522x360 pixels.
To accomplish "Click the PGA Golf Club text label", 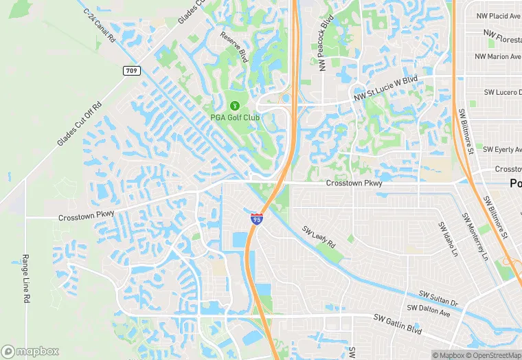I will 235,117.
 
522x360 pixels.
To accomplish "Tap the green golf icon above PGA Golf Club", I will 235,106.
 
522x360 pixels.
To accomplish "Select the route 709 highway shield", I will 131,71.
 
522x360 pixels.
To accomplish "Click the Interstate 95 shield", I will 256,219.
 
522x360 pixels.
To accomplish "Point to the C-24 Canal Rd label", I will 99,26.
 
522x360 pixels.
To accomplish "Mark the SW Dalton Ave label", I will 429,311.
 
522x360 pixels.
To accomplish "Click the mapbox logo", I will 30,351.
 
